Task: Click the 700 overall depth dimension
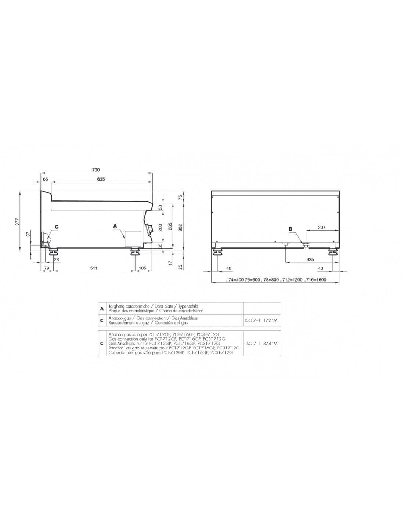tap(95, 170)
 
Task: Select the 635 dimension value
tap(101, 179)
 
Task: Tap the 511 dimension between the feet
tap(94, 268)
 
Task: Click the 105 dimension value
tap(143, 268)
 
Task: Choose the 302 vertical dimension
tap(181, 228)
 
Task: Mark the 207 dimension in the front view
tap(322, 228)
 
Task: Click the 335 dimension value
tap(310, 260)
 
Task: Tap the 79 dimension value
tap(47, 268)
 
